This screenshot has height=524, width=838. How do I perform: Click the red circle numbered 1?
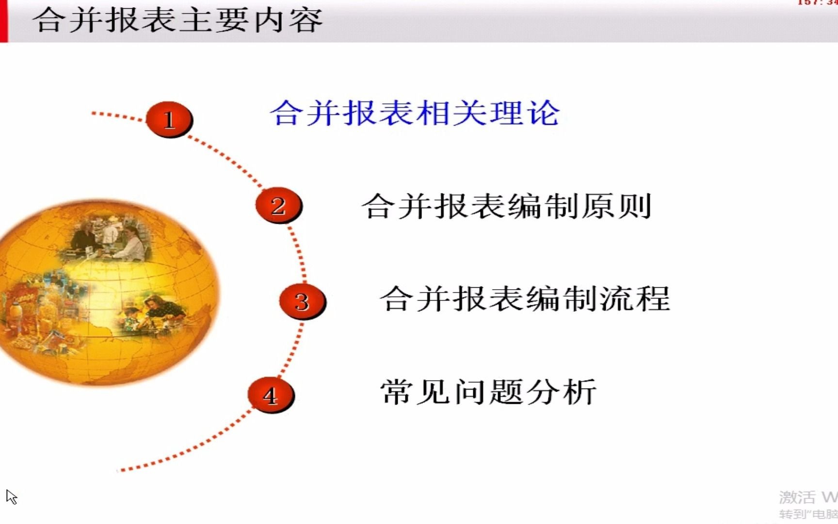[169, 119]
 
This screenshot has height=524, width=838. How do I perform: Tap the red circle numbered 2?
[278, 206]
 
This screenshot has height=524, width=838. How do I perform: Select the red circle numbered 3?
[302, 301]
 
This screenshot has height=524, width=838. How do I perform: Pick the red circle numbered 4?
[271, 395]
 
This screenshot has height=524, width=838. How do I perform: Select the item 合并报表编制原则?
[506, 206]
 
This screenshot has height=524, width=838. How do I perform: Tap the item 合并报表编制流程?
[525, 298]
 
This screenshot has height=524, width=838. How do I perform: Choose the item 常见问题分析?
[488, 392]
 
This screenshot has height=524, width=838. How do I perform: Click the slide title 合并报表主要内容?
[178, 20]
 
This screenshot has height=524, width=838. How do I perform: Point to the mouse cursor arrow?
[11, 496]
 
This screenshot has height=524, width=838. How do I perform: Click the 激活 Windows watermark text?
[807, 497]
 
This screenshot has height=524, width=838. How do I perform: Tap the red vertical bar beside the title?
[4, 21]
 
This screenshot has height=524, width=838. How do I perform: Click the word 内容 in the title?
[289, 20]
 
